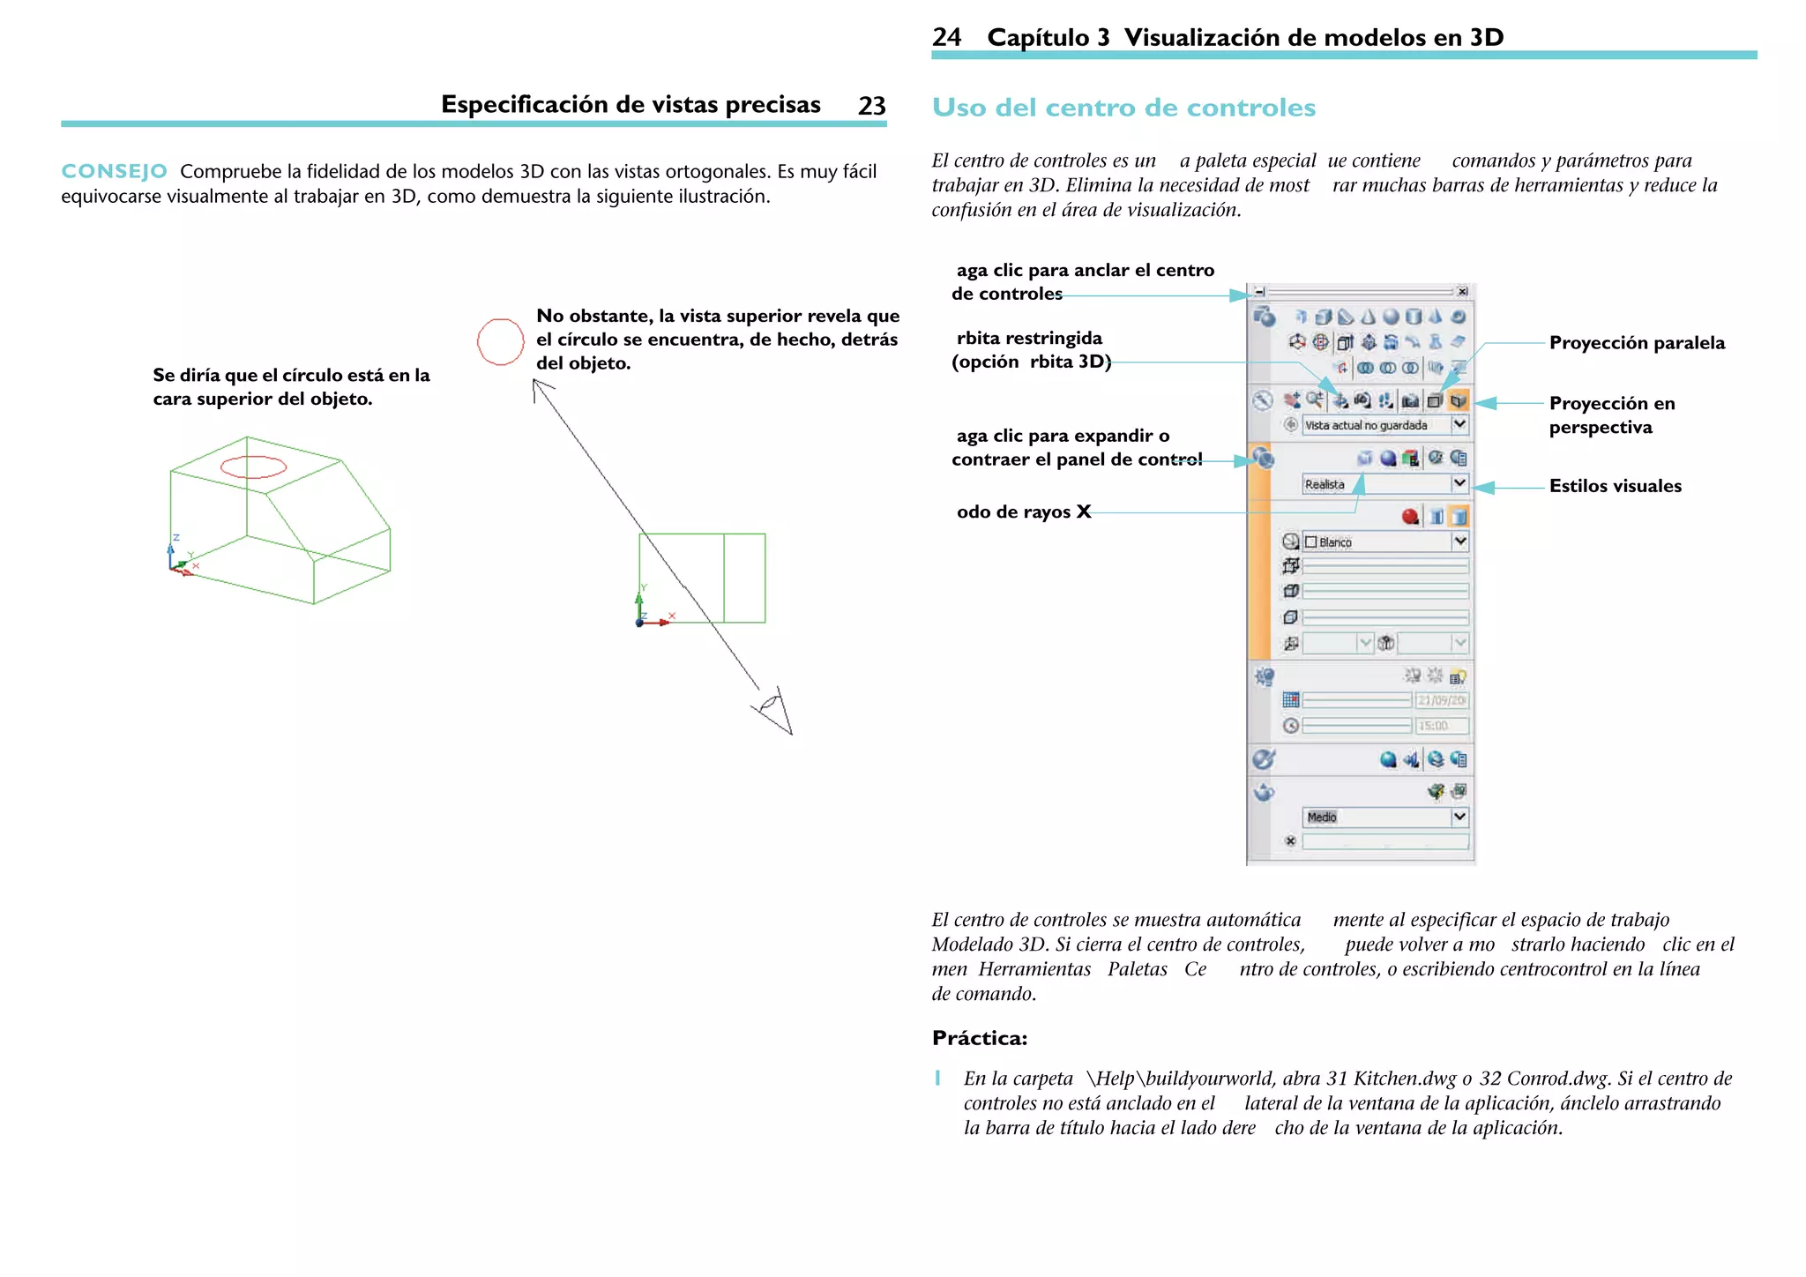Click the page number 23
pos(871,106)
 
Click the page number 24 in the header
pos(946,37)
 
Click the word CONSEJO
pos(114,171)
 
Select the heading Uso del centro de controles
pos(1123,108)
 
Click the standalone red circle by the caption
pos(500,341)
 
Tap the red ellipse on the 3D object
pos(253,467)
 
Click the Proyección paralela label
pos(1637,343)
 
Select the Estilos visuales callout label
pos(1615,486)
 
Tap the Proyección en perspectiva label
pos(1611,414)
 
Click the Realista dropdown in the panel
pos(1384,484)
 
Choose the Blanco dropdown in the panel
pos(1384,541)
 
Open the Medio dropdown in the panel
pos(1384,817)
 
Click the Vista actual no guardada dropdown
pos(1384,425)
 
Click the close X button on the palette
pos(1462,291)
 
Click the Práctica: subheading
pos(979,1038)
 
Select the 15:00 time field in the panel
pos(1441,726)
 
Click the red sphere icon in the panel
pos(1410,517)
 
